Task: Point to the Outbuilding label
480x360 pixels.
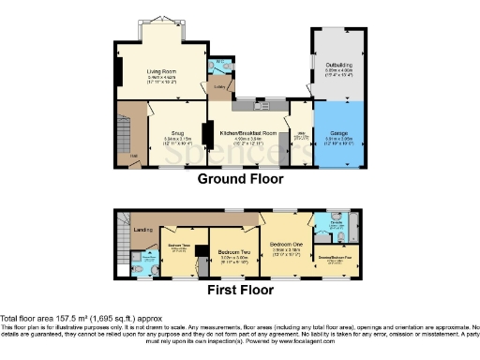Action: [337, 65]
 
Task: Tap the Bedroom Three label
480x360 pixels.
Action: [179, 246]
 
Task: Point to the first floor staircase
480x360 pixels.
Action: [120, 229]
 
